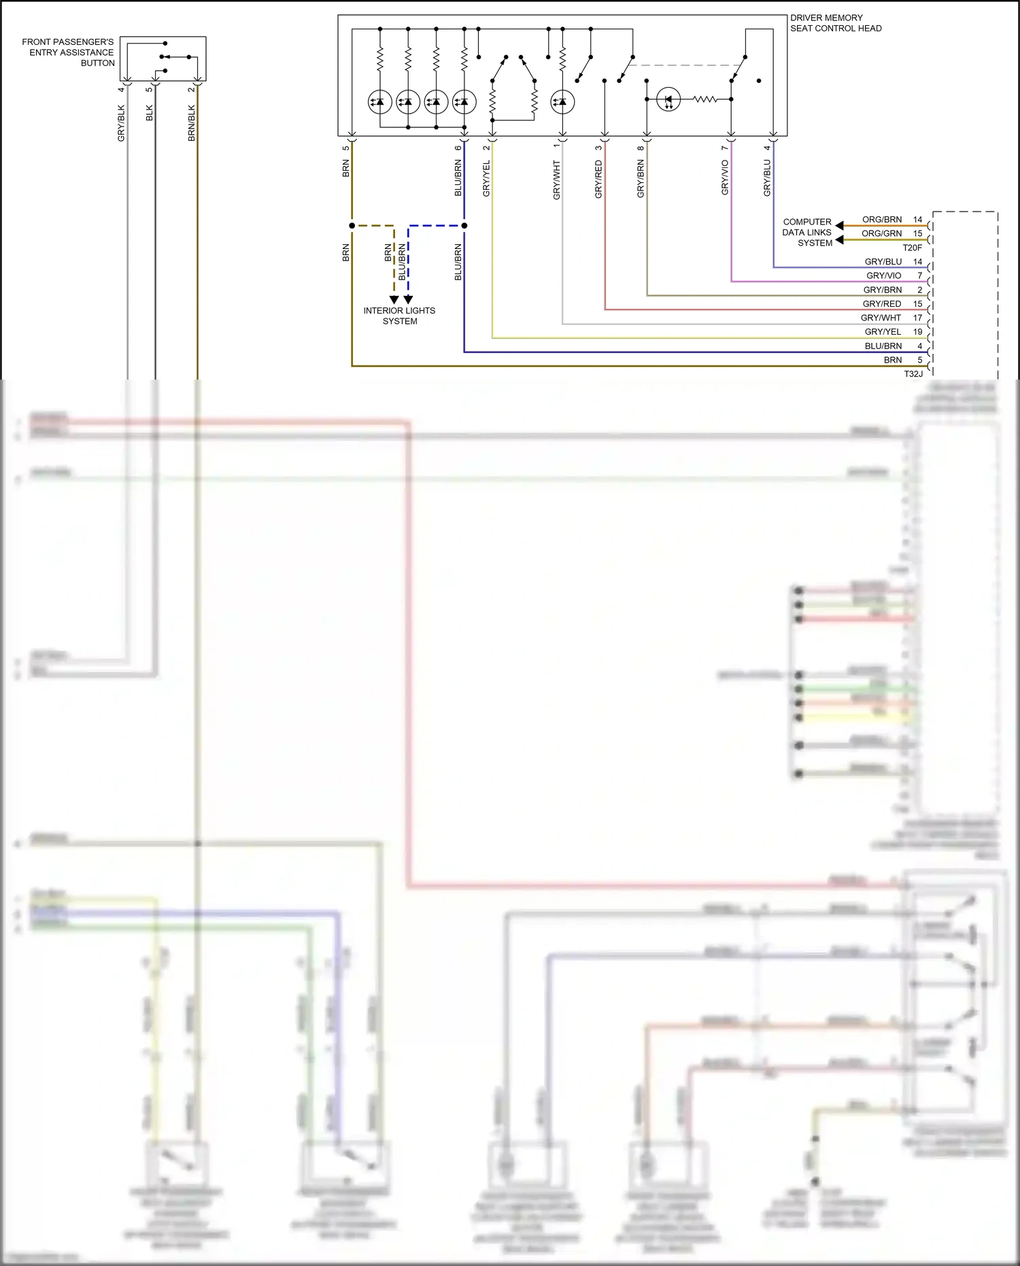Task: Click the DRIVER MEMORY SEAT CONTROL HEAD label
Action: pos(835,23)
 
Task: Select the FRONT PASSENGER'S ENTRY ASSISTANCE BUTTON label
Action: pos(68,52)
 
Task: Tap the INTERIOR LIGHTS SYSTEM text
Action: pos(399,316)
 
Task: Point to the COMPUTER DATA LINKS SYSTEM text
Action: pos(807,232)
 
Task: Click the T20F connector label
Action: pos(912,248)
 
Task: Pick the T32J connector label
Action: pos(913,373)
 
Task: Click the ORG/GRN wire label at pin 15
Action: pos(881,233)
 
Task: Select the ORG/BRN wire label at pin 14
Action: pos(882,219)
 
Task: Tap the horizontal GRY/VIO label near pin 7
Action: pos(883,276)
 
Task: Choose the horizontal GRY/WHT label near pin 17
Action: pos(881,318)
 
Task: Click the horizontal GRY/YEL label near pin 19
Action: pos(883,332)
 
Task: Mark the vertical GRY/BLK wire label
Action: pos(121,123)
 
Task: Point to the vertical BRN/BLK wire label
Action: pos(191,123)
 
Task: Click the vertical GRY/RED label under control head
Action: pos(598,180)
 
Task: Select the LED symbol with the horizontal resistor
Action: pos(668,100)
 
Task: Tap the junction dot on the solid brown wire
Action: pos(352,225)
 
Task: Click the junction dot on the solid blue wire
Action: pos(464,225)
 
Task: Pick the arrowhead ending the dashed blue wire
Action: pos(408,299)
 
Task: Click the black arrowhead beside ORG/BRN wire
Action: pos(839,225)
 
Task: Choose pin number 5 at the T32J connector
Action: pos(919,360)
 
